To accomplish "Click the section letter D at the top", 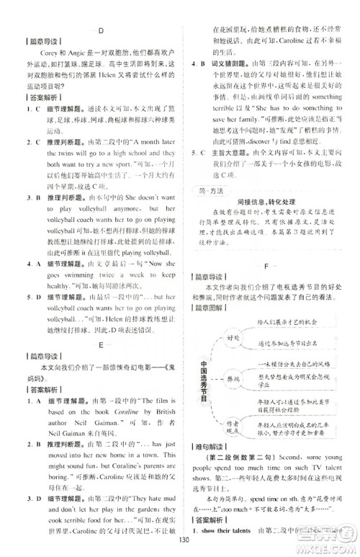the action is coord(100,29).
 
